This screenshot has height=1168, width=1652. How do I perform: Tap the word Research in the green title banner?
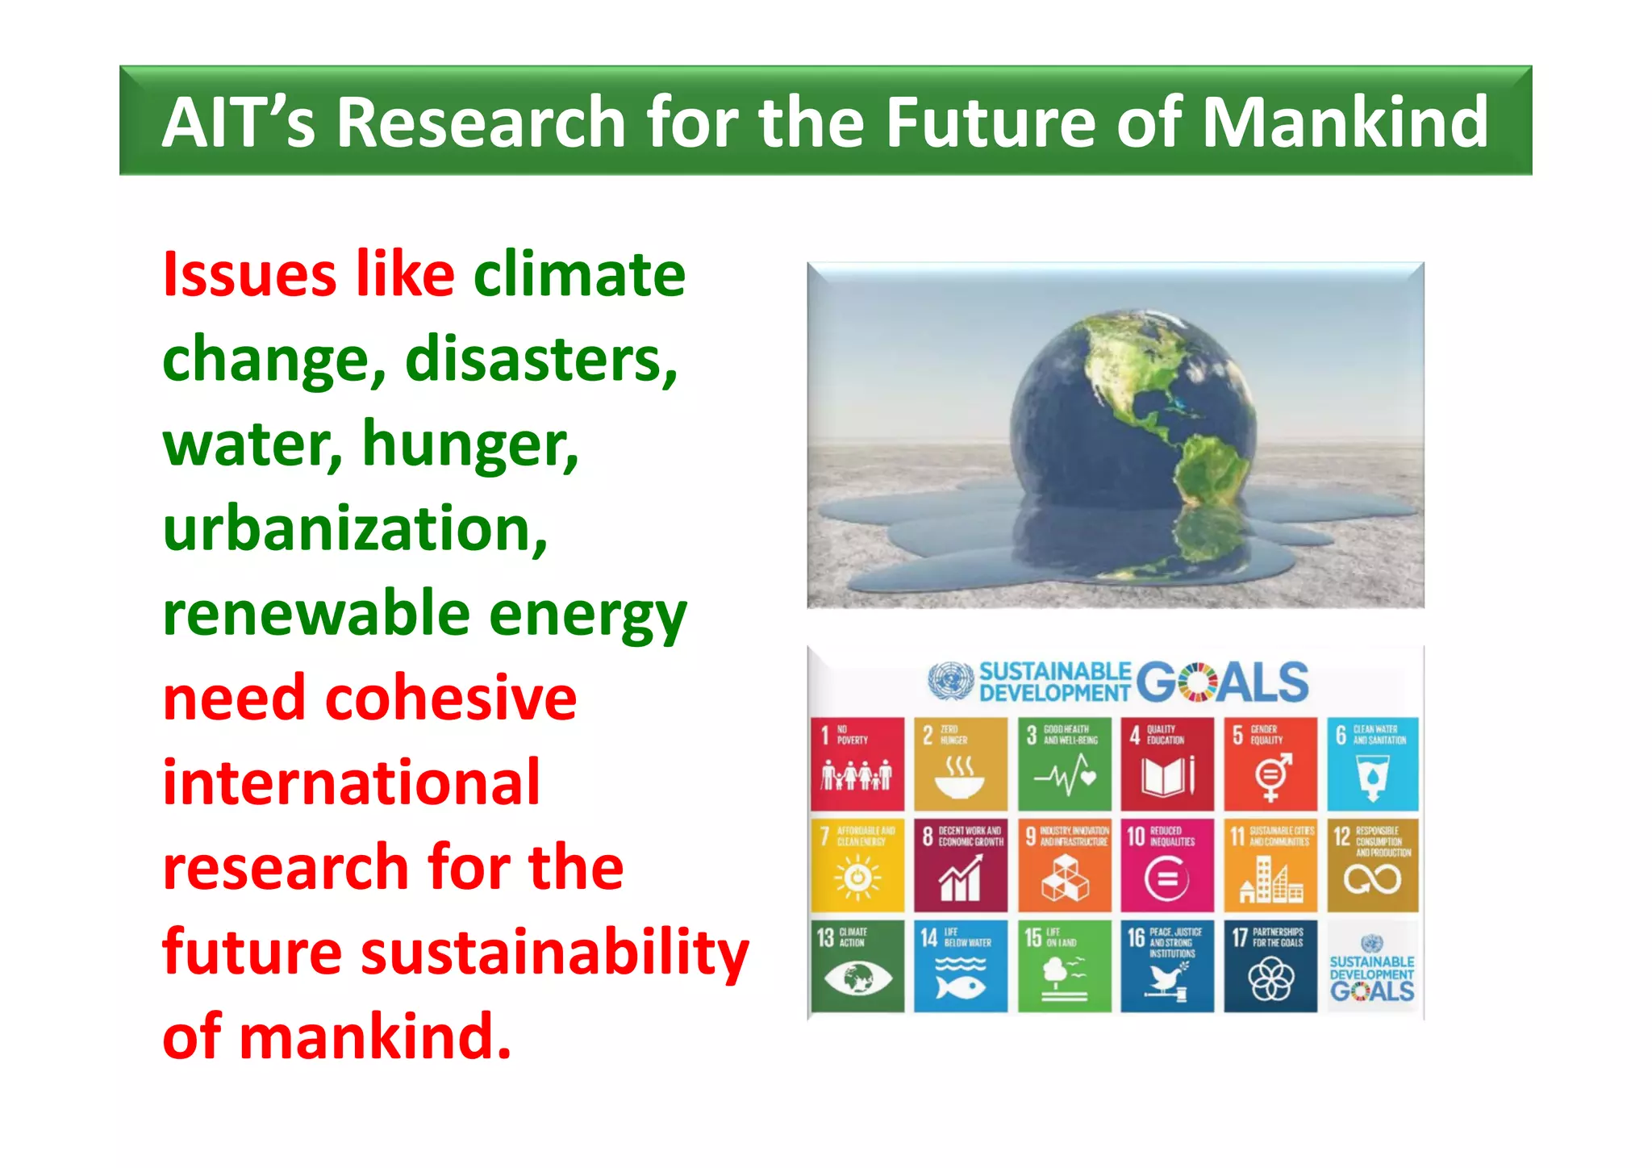coord(481,123)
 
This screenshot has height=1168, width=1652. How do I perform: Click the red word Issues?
coord(249,275)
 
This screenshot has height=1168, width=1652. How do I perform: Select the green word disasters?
coord(540,360)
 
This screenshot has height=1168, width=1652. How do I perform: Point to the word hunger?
coord(470,445)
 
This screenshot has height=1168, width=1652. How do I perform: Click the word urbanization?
coord(355,529)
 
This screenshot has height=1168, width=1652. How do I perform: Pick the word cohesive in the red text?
coord(451,699)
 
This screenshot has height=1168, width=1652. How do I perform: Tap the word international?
coord(351,783)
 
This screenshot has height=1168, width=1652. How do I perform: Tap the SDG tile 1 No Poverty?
coord(857,764)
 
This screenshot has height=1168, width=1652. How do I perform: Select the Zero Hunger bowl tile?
coord(960,764)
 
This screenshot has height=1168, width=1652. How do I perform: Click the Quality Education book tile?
coord(1166,764)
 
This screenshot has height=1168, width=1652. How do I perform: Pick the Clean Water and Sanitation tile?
coord(1373,764)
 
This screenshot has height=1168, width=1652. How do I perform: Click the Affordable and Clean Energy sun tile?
coord(857,866)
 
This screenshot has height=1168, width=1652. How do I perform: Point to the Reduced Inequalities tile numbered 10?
coord(1166,866)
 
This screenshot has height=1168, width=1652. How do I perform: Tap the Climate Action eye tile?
coord(857,966)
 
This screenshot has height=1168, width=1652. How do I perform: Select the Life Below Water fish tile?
coord(960,966)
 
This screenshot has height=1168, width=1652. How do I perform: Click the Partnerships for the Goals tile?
coord(1270,966)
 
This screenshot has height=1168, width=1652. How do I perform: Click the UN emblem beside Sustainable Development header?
coord(950,680)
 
